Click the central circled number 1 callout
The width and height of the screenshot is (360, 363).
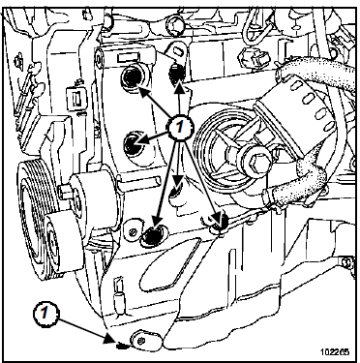click(180, 127)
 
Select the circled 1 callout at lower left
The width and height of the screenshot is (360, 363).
click(45, 313)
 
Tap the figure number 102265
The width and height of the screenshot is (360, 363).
click(335, 351)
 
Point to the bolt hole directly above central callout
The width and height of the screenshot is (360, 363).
click(176, 74)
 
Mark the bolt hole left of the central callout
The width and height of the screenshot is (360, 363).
click(134, 143)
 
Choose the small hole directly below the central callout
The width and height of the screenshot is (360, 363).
click(176, 191)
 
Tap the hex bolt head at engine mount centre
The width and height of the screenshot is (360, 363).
click(254, 161)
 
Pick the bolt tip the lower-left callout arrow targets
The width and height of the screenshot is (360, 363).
click(121, 346)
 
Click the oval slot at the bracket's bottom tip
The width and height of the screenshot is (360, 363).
click(145, 340)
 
